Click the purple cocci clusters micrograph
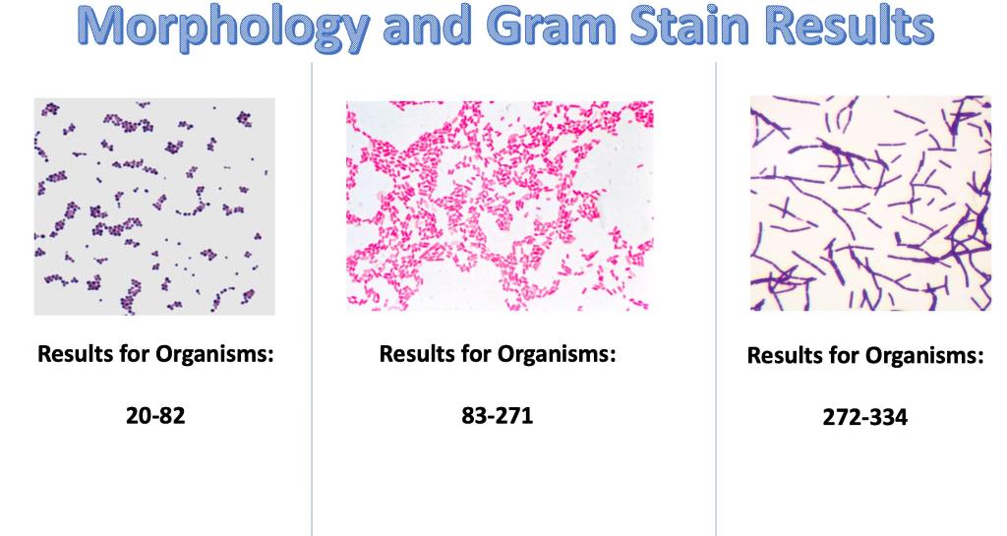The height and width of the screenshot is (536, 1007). point(154,207)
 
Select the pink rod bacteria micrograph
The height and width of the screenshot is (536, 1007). point(500,206)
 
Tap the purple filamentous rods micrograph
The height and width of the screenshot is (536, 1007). point(871,204)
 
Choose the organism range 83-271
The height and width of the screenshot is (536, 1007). point(497,415)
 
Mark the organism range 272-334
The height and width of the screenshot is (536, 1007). point(865,418)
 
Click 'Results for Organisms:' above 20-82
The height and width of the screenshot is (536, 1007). point(155,354)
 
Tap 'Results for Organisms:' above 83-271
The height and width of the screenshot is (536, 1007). point(498,353)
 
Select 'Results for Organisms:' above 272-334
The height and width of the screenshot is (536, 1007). point(865,356)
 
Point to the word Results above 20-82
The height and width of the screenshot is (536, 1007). point(74,354)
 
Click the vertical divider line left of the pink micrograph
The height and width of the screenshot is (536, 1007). point(312,295)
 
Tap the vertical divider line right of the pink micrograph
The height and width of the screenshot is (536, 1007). point(716,295)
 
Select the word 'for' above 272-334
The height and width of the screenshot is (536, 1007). point(850,356)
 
